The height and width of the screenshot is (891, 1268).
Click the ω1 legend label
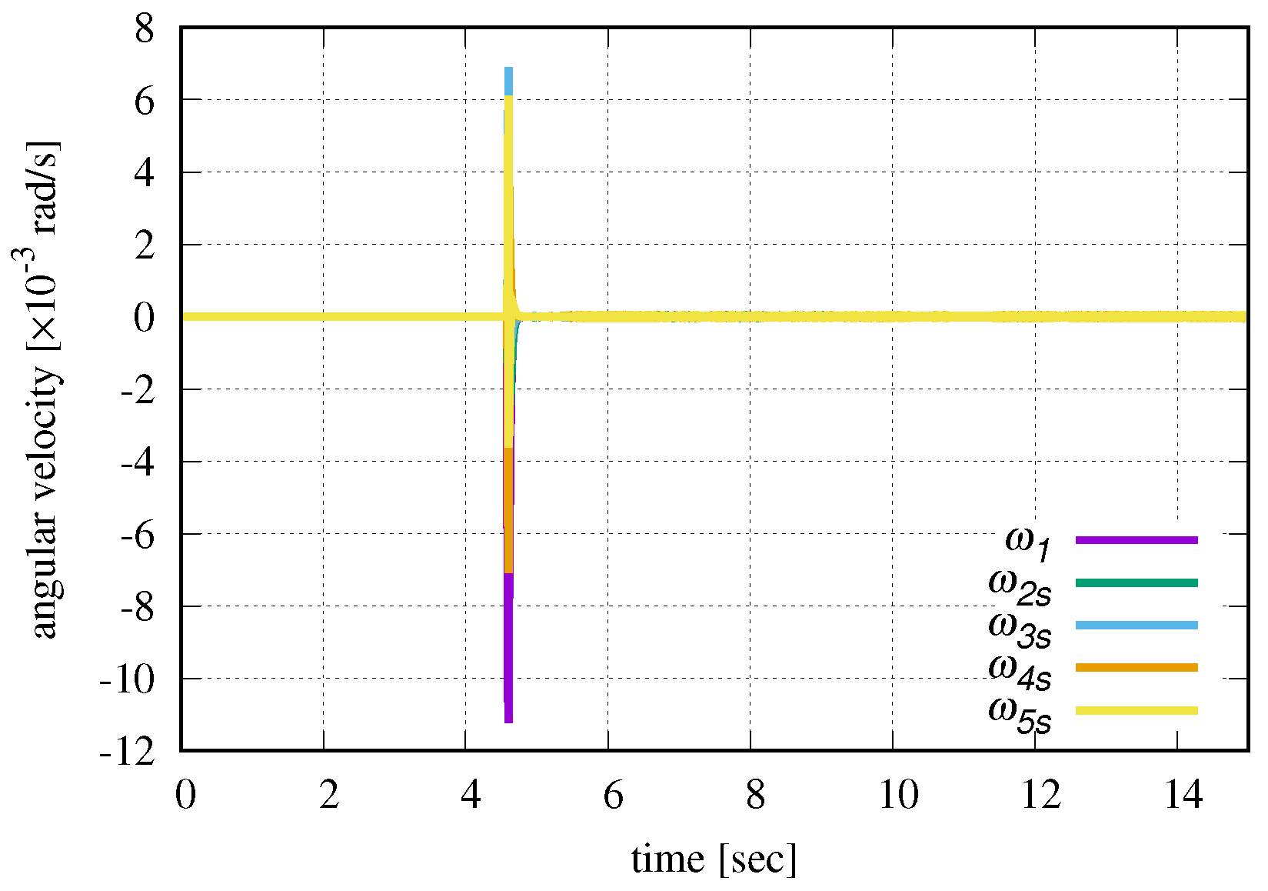pyautogui.click(x=1027, y=542)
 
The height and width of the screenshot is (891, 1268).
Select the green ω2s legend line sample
pyautogui.click(x=1136, y=583)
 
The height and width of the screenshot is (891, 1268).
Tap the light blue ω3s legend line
pyautogui.click(x=1136, y=626)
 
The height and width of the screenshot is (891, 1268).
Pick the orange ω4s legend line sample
pyautogui.click(x=1136, y=667)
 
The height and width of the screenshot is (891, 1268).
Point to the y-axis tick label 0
pyautogui.click(x=145, y=317)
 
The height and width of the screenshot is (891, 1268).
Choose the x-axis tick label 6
pyautogui.click(x=613, y=795)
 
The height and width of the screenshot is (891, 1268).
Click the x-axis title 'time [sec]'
pyautogui.click(x=714, y=859)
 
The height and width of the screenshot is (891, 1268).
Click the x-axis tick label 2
pyautogui.click(x=328, y=795)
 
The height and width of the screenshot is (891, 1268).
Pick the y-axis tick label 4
pyautogui.click(x=145, y=173)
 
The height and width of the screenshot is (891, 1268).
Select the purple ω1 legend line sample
pyautogui.click(x=1136, y=540)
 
